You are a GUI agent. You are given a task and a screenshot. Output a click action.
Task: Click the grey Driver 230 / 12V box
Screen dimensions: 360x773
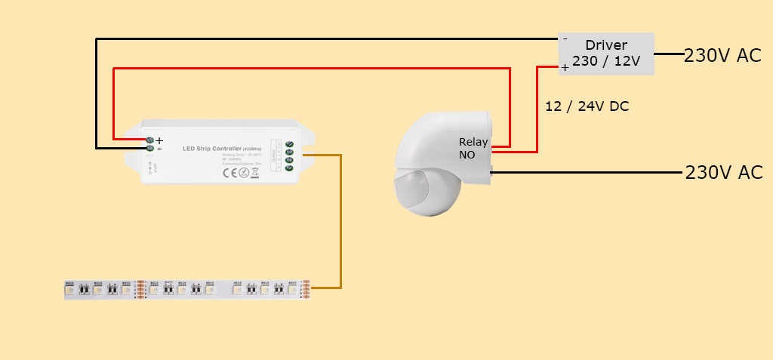click(x=606, y=54)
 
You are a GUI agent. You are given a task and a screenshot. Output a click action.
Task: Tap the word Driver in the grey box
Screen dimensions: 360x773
click(x=606, y=45)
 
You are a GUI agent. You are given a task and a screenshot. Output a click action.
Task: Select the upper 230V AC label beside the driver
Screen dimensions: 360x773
click(x=722, y=55)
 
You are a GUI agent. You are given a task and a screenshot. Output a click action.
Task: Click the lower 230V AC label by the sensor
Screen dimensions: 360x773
click(x=723, y=172)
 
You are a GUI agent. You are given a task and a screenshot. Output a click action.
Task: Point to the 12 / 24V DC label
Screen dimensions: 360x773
click(x=587, y=107)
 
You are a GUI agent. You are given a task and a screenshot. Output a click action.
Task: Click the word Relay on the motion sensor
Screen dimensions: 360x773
click(x=473, y=142)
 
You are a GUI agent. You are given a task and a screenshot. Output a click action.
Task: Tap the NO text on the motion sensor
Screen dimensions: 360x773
click(x=467, y=155)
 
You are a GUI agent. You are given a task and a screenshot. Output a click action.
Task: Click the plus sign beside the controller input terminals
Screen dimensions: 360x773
click(x=159, y=140)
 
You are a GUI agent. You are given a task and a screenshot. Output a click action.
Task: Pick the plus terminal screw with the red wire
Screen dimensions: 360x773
click(x=149, y=140)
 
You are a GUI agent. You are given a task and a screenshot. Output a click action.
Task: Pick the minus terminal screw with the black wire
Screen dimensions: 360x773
click(x=149, y=149)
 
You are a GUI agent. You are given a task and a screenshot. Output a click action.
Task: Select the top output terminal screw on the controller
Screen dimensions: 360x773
click(x=289, y=143)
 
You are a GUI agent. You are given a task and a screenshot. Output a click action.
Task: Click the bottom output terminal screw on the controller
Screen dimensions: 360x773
click(x=289, y=168)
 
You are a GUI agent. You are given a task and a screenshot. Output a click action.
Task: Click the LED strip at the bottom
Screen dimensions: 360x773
click(x=189, y=289)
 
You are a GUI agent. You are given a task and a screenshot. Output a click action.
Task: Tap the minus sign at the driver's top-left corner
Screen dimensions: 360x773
click(x=565, y=38)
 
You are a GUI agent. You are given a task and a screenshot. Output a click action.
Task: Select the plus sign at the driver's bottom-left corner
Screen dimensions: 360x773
click(x=565, y=68)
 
